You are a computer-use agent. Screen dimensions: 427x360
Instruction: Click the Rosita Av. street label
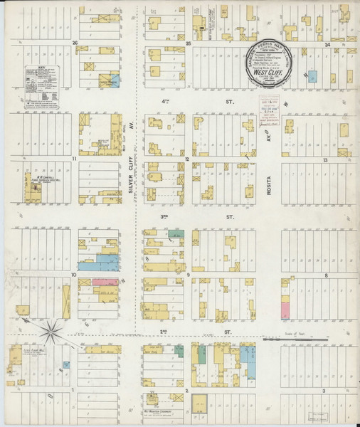[271, 187]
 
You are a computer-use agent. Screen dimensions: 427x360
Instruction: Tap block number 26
[74, 43]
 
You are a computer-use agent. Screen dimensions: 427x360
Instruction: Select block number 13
[324, 160]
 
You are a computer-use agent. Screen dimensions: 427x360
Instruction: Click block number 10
[73, 273]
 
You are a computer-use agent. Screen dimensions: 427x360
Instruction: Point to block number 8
[325, 274]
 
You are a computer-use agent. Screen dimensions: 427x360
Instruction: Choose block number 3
[324, 391]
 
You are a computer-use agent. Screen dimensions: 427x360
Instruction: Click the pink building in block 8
[286, 310]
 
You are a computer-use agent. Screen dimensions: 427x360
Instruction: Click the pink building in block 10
[105, 283]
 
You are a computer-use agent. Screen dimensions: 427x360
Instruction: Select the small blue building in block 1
[65, 365]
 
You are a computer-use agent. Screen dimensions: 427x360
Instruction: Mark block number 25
[189, 43]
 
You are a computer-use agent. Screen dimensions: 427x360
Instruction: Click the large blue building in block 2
[248, 359]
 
